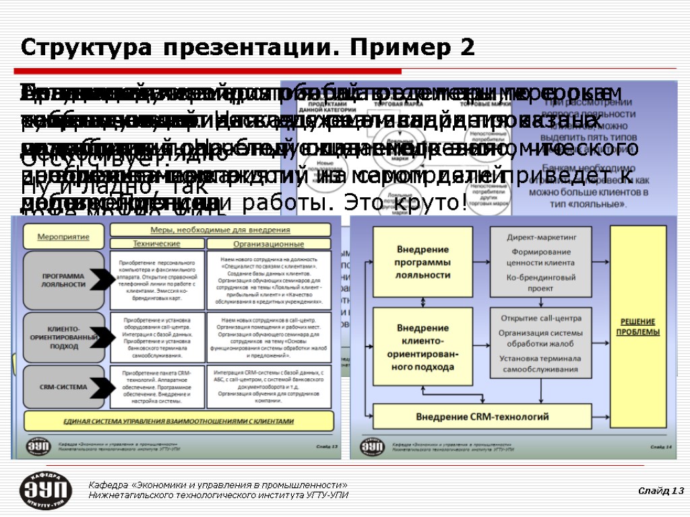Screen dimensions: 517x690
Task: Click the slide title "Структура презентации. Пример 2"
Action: (x=248, y=48)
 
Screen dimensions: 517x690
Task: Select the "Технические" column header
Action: (x=156, y=244)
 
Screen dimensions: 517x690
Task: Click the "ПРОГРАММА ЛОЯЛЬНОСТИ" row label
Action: (x=63, y=279)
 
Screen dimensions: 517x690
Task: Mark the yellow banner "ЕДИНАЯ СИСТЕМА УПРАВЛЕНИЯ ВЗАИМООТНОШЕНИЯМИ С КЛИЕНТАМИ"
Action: (x=179, y=421)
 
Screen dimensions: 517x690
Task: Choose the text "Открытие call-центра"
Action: (x=541, y=318)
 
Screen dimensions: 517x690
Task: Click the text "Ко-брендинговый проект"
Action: (x=541, y=283)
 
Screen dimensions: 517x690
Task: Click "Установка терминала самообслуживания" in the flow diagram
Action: (x=541, y=364)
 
